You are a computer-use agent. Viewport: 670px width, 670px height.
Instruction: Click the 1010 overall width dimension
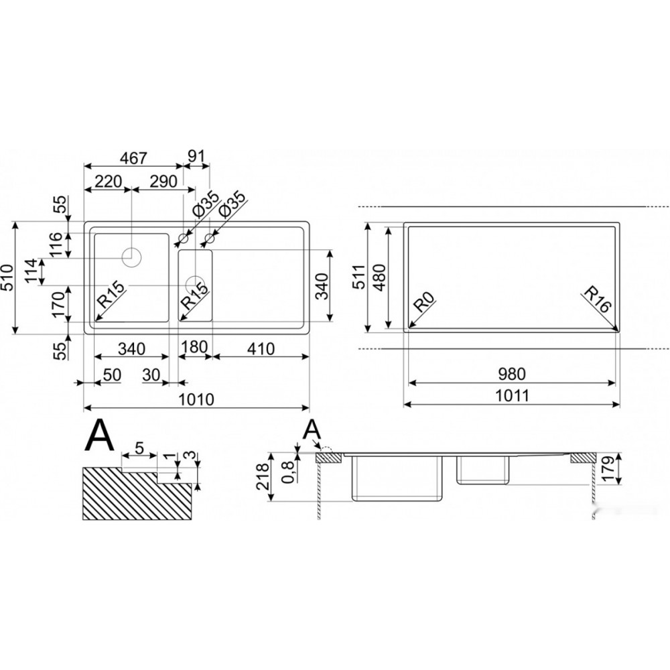[x=196, y=399]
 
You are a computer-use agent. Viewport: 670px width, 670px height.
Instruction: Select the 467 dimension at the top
[x=133, y=158]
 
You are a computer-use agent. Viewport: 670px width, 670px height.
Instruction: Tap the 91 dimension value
[x=197, y=156]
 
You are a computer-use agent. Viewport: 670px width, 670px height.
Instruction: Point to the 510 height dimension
[x=7, y=278]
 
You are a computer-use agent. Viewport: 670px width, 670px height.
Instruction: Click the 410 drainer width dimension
[x=261, y=349]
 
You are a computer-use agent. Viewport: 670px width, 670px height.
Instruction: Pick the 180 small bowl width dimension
[x=194, y=346]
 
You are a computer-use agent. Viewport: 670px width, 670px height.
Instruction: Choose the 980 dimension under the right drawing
[x=512, y=374]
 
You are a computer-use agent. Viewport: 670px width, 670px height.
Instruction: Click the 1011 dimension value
[x=512, y=396]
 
